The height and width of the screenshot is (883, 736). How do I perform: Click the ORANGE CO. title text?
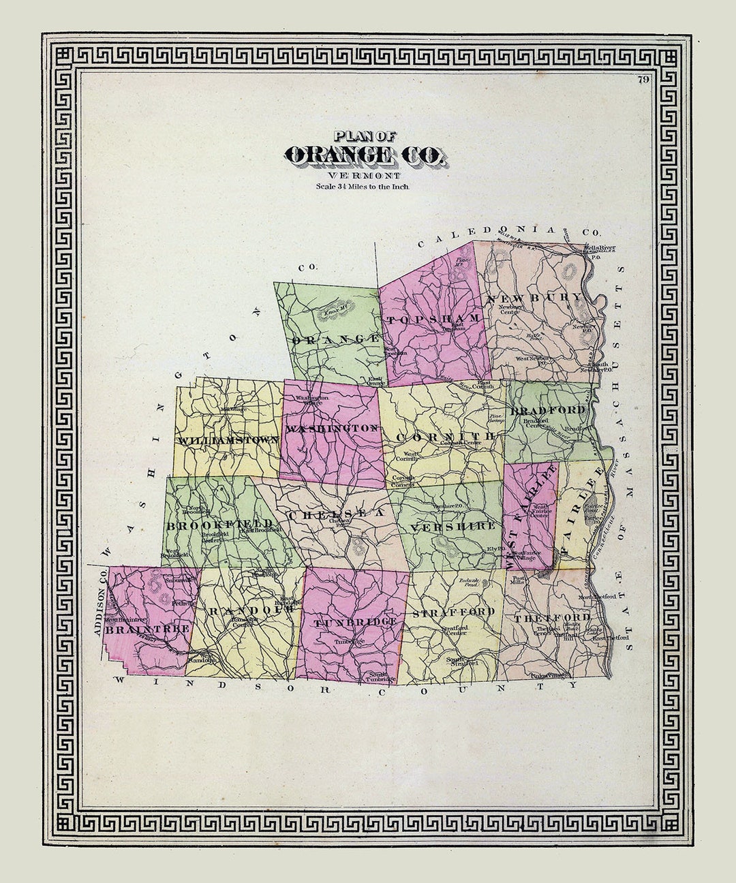365,156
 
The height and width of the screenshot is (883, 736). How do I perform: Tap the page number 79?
643,80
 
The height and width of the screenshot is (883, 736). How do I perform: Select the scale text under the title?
362,185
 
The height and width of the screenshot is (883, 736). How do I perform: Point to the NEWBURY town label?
535,298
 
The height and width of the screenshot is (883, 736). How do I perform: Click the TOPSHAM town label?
433,319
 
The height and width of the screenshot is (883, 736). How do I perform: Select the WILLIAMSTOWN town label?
228,440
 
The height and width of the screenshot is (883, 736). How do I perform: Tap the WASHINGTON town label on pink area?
332,429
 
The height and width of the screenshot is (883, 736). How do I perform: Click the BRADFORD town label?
548,410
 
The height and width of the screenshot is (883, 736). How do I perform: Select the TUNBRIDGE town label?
355,623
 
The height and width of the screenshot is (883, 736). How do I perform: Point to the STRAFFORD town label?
453,612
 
